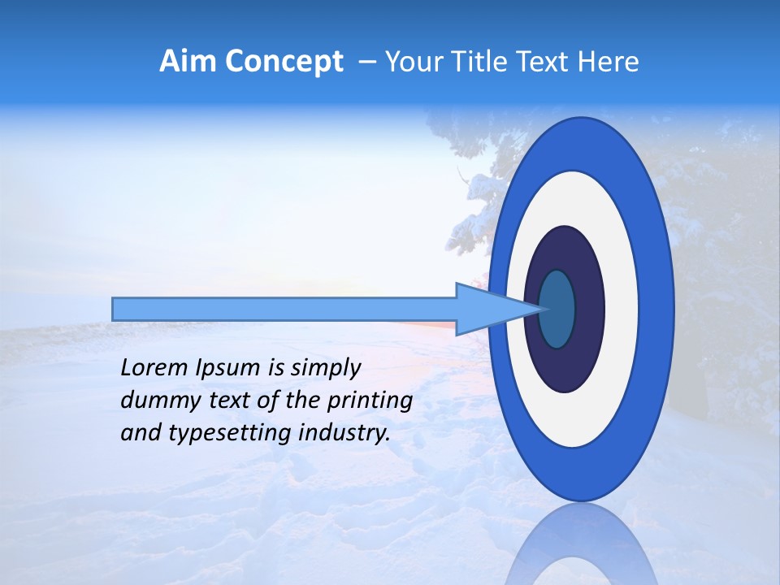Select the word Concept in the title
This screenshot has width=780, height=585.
tap(284, 61)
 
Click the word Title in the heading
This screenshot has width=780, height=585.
tap(485, 61)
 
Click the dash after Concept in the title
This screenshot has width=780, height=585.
tap(366, 62)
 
